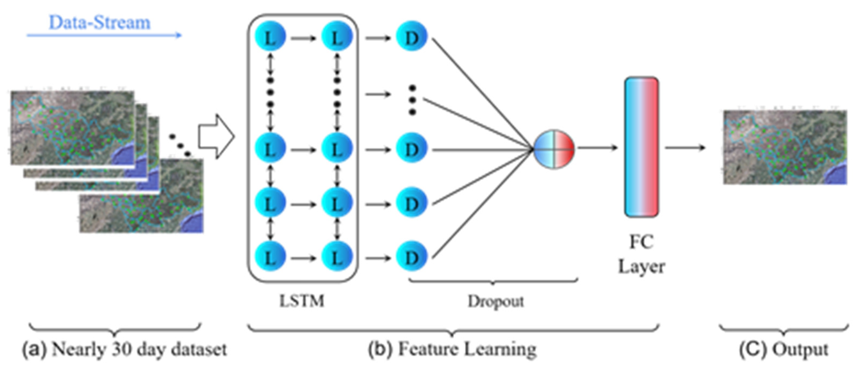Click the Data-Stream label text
click(100, 23)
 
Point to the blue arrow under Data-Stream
click(104, 35)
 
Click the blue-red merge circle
click(554, 149)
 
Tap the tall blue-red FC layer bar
click(642, 147)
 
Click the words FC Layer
click(641, 254)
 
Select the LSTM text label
click(302, 301)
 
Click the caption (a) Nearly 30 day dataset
click(125, 350)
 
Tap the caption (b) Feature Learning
click(452, 350)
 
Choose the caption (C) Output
click(784, 350)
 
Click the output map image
click(785, 147)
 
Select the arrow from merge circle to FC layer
click(597, 147)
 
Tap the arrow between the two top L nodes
click(303, 38)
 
